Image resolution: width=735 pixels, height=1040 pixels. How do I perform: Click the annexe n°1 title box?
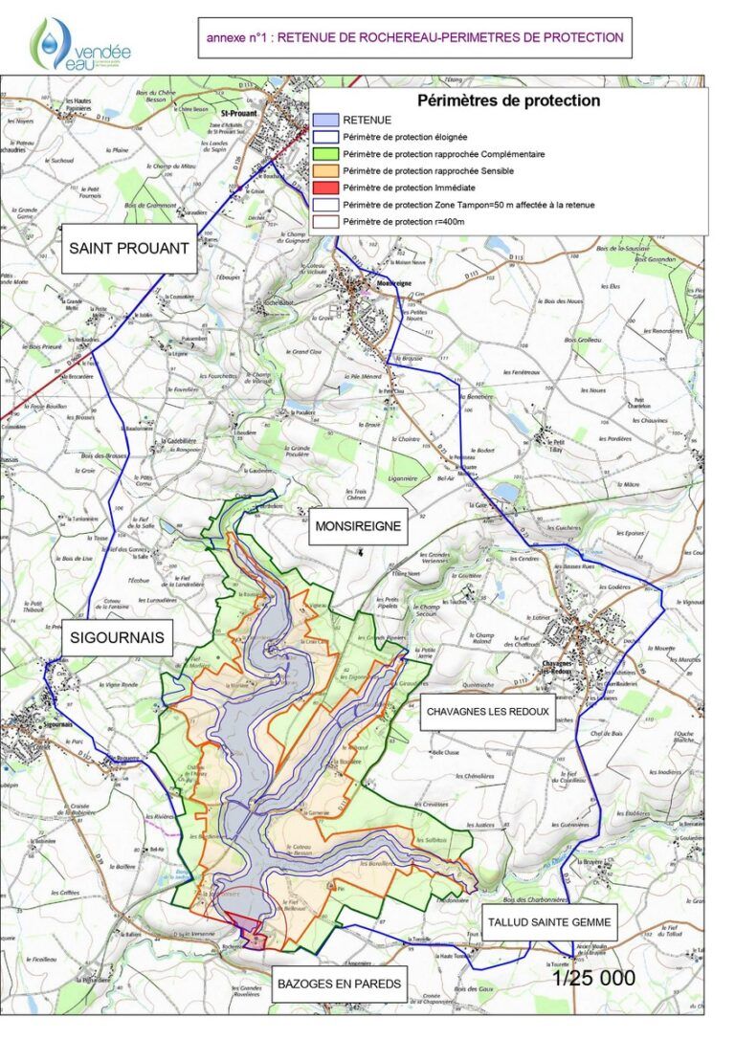414,38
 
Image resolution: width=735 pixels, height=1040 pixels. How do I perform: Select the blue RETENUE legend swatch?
325,120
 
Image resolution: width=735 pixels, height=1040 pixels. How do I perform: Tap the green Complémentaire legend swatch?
325,154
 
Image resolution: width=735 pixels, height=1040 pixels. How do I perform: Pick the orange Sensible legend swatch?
325,170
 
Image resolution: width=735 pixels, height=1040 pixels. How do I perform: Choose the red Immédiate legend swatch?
325,188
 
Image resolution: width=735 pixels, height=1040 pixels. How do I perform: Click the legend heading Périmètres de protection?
508,100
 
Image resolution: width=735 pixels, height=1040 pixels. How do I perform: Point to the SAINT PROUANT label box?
129,249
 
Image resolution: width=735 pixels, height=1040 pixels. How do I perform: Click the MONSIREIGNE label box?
357,525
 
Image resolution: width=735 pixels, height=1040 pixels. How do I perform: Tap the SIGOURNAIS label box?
118,637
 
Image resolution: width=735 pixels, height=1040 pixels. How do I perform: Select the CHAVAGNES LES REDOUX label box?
487,712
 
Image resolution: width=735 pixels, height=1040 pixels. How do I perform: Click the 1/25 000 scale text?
594,979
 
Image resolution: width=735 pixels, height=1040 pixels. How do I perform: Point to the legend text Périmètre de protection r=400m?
403,222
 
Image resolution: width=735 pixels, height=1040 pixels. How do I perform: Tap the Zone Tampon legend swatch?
325,205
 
